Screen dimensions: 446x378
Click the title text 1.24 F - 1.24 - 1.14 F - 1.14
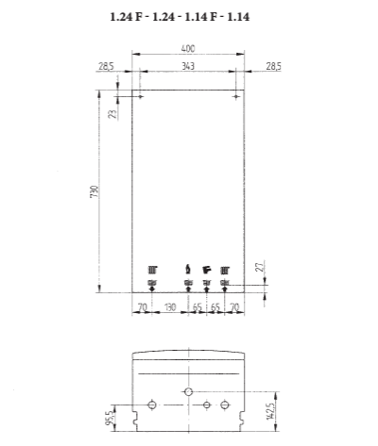(x=187, y=17)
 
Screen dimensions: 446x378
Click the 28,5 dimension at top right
(x=272, y=64)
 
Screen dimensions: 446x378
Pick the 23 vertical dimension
(x=112, y=113)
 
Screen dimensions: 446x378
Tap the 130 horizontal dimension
(x=169, y=307)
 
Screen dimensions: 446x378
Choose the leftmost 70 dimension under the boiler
(x=142, y=307)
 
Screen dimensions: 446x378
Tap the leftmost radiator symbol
(x=152, y=269)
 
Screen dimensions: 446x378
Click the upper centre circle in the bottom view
(x=188, y=390)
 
